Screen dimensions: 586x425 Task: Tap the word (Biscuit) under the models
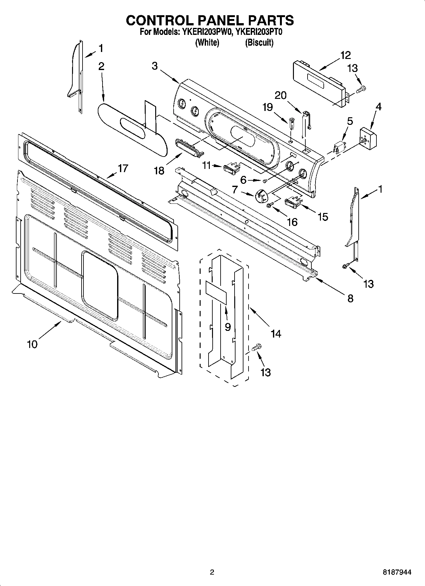coord(259,42)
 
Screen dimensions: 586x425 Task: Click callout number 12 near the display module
coord(345,55)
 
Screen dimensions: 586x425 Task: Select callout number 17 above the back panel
coord(123,168)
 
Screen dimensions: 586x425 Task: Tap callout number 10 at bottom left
coord(32,344)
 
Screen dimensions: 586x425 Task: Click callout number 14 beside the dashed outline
coord(276,333)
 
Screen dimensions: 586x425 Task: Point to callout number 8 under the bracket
coord(350,298)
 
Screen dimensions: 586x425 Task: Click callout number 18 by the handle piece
coord(159,171)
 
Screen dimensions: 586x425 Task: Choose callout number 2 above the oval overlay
coord(101,66)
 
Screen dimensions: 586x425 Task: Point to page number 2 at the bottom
coord(212,572)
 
